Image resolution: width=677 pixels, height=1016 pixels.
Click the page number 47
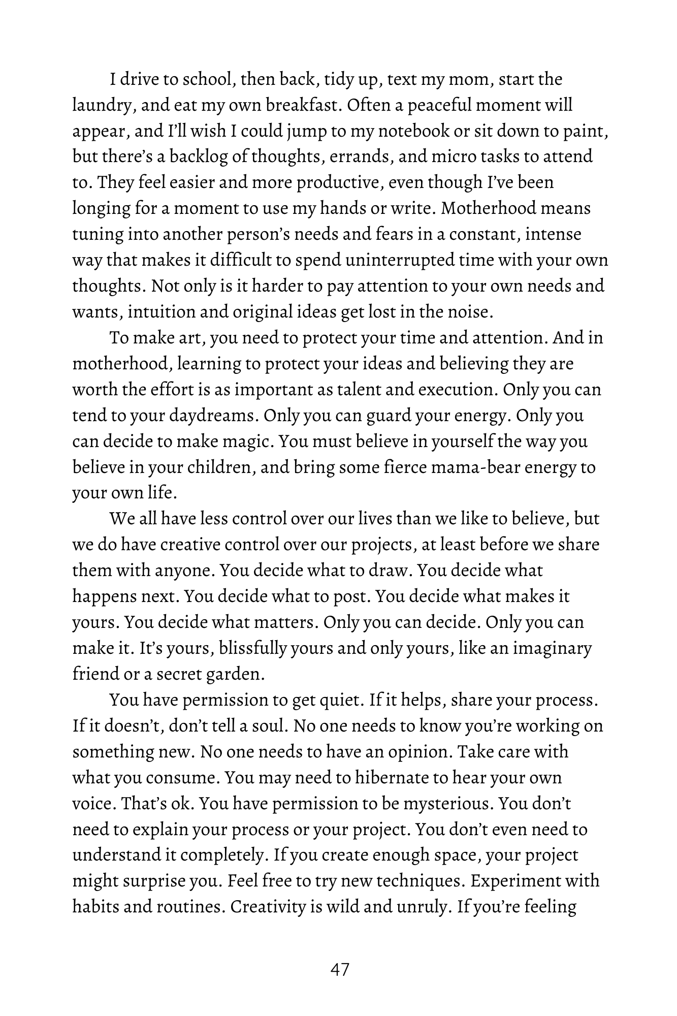pos(339,969)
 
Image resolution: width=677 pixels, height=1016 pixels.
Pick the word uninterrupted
pos(400,260)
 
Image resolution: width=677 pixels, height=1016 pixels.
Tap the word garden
pos(237,675)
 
